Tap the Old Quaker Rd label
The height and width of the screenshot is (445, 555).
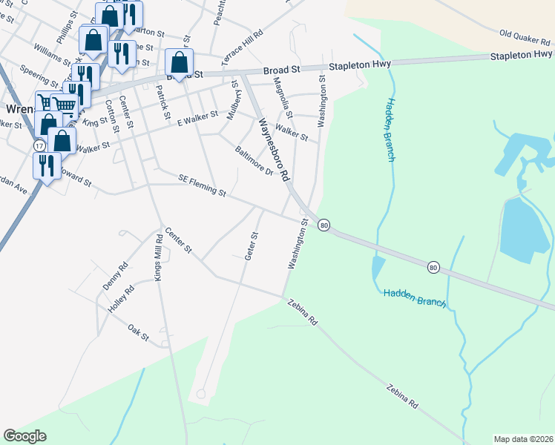click(x=526, y=36)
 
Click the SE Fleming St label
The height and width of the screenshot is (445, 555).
click(x=202, y=185)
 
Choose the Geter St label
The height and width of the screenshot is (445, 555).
click(x=251, y=245)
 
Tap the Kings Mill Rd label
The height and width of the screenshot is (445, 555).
click(x=157, y=257)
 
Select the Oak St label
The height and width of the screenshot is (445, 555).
click(x=138, y=333)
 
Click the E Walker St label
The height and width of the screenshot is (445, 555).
click(x=197, y=115)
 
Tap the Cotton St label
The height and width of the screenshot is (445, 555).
click(x=113, y=116)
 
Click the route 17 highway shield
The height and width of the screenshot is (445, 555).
click(x=39, y=146)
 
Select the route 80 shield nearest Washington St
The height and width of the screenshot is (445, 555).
click(x=324, y=224)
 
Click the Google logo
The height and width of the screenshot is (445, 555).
click(x=25, y=436)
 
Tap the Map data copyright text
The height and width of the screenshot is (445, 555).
click(x=523, y=438)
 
